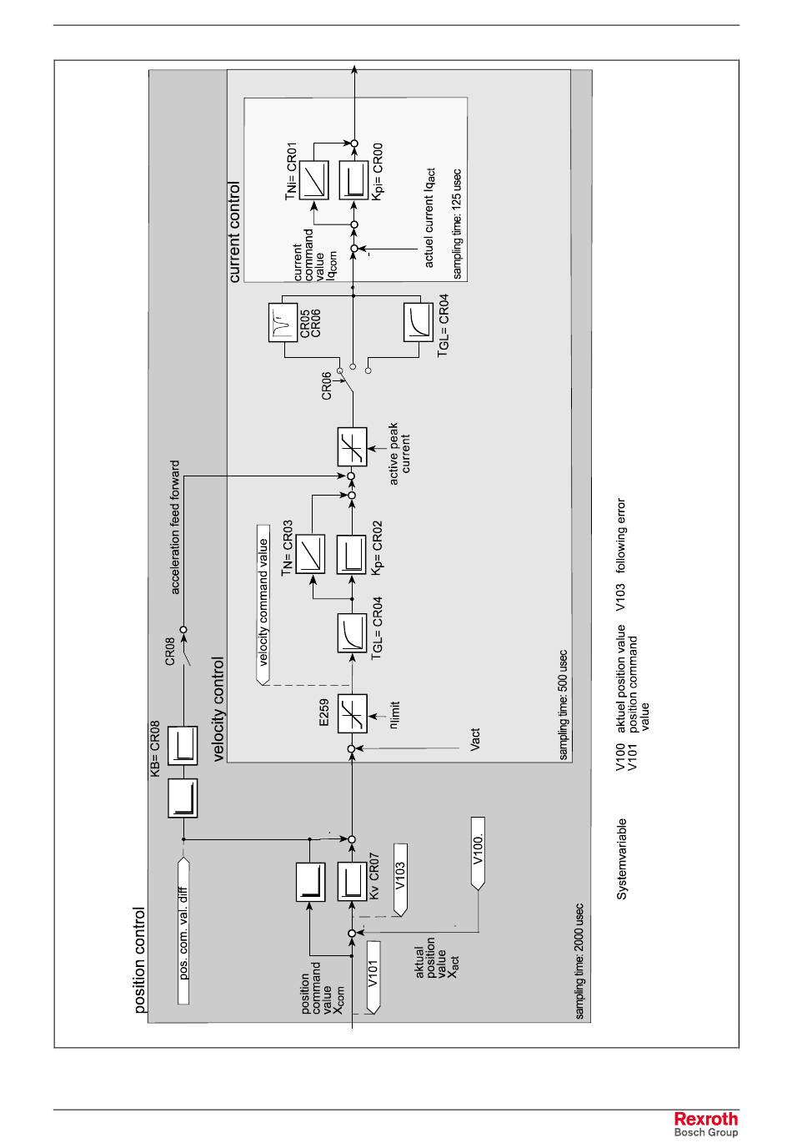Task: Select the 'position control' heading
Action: point(139,960)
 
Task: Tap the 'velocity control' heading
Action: point(219,710)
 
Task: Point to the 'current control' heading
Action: point(234,232)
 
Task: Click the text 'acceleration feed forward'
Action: point(175,527)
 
